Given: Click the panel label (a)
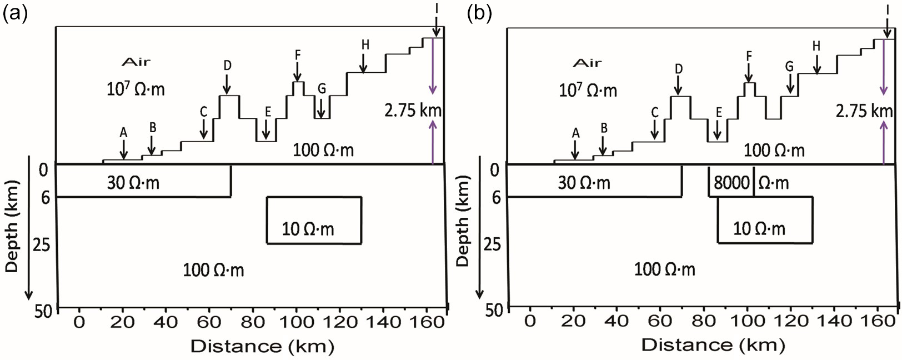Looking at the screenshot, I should tap(15, 14).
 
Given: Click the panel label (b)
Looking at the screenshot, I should tap(479, 14).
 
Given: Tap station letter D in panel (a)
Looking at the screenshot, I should tap(228, 66).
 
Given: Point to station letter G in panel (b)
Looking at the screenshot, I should tap(789, 67).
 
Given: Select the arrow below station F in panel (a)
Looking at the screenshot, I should tap(298, 72).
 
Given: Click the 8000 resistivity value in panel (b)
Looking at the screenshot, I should tap(731, 183).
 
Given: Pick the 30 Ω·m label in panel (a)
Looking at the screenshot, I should tap(133, 182).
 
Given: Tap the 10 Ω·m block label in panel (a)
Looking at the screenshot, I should tap(308, 228).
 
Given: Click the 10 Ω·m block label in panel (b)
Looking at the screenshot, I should tap(759, 228).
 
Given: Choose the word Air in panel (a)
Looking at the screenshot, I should tap(136, 62).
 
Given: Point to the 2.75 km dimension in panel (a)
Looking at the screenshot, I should tap(413, 110).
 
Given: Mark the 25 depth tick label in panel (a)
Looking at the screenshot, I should tap(42, 244).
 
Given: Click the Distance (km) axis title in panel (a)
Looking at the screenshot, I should tap(262, 346).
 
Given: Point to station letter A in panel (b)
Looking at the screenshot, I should tap(575, 133).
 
